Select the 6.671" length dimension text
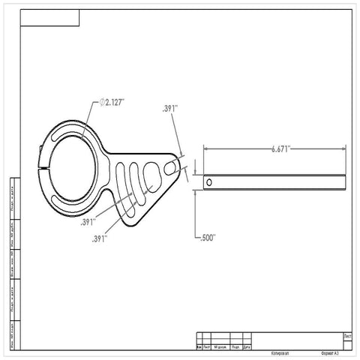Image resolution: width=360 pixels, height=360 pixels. pyautogui.click(x=283, y=149)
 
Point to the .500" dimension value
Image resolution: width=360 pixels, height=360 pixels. pyautogui.click(x=208, y=238)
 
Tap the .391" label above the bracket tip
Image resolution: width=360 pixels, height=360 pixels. pyautogui.click(x=169, y=109)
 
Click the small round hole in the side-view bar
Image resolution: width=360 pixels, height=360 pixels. pyautogui.click(x=209, y=181)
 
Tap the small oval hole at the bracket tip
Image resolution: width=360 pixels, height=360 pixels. pyautogui.click(x=178, y=166)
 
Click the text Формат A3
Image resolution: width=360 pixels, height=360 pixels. pyautogui.click(x=328, y=350)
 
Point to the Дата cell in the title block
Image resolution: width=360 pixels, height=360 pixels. pyautogui.click(x=247, y=347)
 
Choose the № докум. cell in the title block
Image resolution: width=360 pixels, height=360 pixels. pyautogui.click(x=220, y=347)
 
